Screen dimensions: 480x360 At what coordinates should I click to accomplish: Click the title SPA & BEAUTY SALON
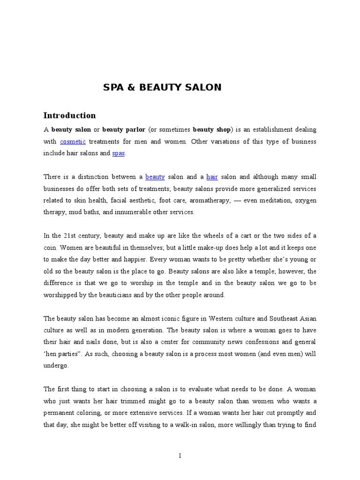point(162,87)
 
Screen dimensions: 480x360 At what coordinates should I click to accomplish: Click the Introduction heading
point(69,115)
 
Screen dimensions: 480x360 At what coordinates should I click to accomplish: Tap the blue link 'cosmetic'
point(73,142)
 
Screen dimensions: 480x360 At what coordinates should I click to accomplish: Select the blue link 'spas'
point(119,153)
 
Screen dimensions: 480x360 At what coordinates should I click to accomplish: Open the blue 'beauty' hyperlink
point(155,177)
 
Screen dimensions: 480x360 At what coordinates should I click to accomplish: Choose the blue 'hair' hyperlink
point(212,177)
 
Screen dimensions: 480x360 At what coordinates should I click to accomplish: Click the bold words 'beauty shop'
point(212,129)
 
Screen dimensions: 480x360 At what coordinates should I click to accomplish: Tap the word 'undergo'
point(56,366)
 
